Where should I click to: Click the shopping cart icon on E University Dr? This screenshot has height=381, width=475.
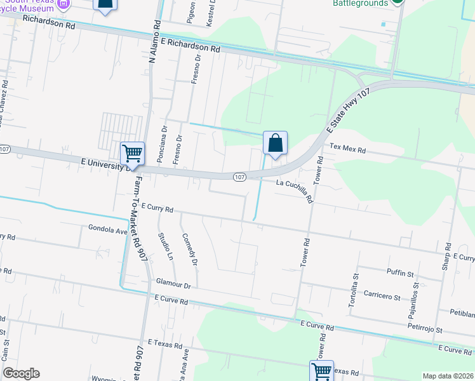[132, 152]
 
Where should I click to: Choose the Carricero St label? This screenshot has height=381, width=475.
[382, 297]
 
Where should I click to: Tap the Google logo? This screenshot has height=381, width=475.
[21, 373]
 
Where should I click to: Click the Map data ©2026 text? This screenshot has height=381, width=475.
[448, 376]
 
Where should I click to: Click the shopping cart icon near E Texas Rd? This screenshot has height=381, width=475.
[321, 371]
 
